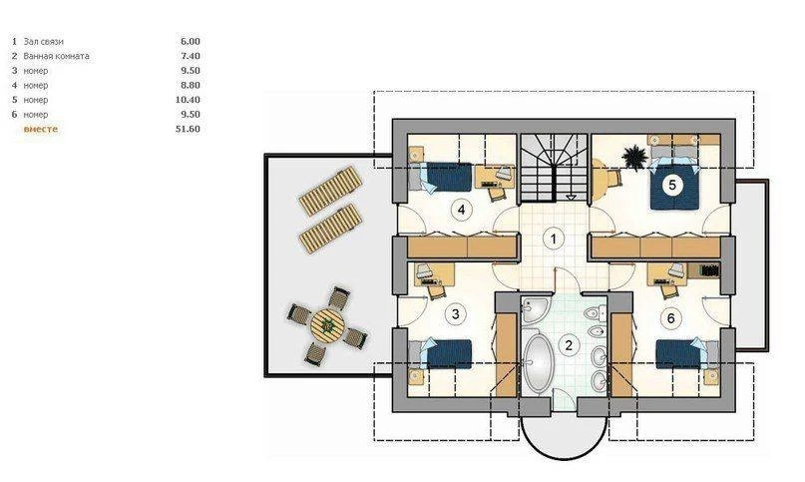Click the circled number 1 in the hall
click(x=554, y=239)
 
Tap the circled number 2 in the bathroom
click(x=569, y=345)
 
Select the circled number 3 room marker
click(x=456, y=313)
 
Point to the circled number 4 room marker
click(x=461, y=210)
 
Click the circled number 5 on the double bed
click(x=672, y=184)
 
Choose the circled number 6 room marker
click(x=671, y=318)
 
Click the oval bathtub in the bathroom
click(x=538, y=364)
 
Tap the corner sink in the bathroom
click(x=533, y=309)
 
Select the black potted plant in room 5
click(x=635, y=157)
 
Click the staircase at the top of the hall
click(x=554, y=168)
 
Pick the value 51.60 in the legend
click(x=188, y=129)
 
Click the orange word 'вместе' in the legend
click(x=41, y=129)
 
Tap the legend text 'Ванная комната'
click(x=56, y=56)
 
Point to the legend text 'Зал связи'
click(x=43, y=42)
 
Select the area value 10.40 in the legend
click(x=188, y=100)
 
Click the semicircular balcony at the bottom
click(x=564, y=437)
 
